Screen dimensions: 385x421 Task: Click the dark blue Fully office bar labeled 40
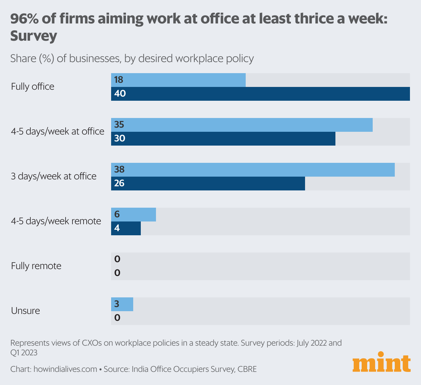coord(261,94)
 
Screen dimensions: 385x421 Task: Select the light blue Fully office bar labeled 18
coord(178,80)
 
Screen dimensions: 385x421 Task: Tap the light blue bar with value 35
coord(242,125)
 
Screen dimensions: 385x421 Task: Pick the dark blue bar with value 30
coord(223,139)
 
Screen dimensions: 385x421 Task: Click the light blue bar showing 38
coord(253,170)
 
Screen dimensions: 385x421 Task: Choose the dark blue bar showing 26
coord(208,184)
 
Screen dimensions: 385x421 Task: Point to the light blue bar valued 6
coord(134,215)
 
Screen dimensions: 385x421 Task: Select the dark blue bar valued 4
coord(126,228)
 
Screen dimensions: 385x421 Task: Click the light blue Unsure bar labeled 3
coord(122,304)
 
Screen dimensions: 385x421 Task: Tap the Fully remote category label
coord(36,266)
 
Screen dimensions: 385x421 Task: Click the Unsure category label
coord(26,311)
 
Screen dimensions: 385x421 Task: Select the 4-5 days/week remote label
coord(56,221)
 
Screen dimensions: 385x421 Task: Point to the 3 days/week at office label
coord(53,176)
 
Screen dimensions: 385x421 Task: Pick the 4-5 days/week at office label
coord(58,131)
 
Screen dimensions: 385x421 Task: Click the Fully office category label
coord(33,87)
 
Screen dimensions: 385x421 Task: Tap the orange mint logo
coord(381,363)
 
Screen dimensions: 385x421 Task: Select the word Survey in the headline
coord(33,36)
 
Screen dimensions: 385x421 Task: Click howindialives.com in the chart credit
coord(65,369)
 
